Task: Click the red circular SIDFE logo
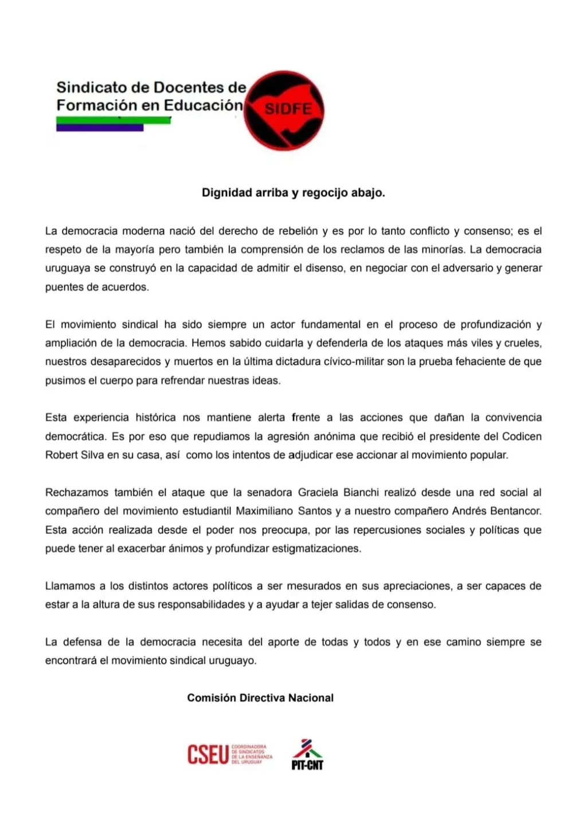coord(284,111)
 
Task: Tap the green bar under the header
coord(114,120)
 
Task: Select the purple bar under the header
coord(100,128)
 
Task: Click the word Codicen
coord(522,437)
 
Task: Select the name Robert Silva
coord(71,455)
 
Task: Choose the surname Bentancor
coord(515,511)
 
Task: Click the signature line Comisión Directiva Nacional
coord(260,698)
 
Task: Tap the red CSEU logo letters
coord(208,754)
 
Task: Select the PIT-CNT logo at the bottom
coord(307,754)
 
